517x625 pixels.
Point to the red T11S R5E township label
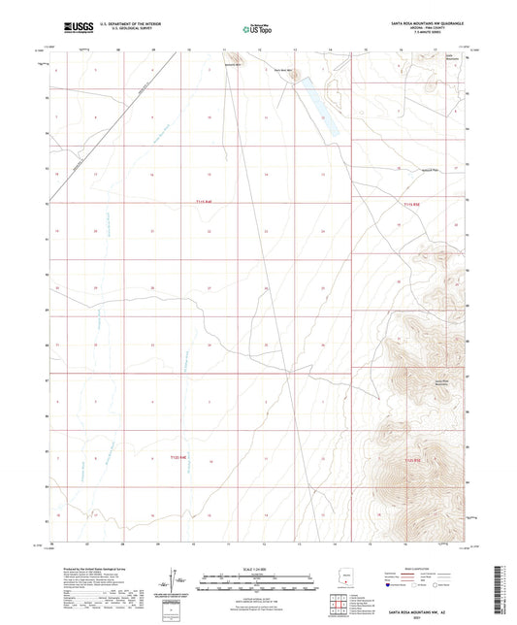pyautogui.click(x=411, y=204)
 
